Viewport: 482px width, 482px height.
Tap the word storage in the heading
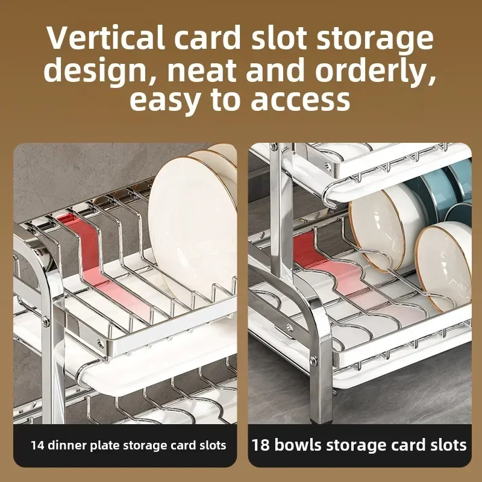(375, 39)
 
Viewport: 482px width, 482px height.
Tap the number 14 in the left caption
(38, 445)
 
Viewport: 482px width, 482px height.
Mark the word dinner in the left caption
(67, 445)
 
